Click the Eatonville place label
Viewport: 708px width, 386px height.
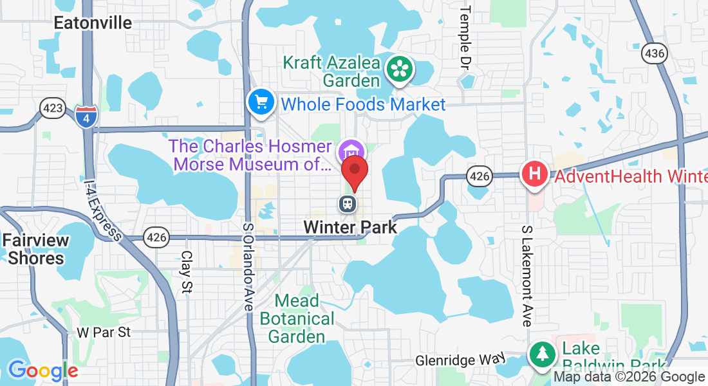pyautogui.click(x=93, y=23)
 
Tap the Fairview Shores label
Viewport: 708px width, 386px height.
pyautogui.click(x=35, y=250)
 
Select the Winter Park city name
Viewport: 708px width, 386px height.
pyautogui.click(x=350, y=227)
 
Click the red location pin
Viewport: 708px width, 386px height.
pyautogui.click(x=354, y=172)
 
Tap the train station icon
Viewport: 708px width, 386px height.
pyautogui.click(x=348, y=204)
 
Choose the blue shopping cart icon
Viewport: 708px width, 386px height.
pyautogui.click(x=261, y=102)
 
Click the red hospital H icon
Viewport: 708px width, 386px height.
pyautogui.click(x=534, y=174)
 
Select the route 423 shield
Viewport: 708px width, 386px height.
pyautogui.click(x=51, y=107)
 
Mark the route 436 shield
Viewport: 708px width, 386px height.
pyautogui.click(x=653, y=54)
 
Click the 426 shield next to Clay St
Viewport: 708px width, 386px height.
pyautogui.click(x=156, y=237)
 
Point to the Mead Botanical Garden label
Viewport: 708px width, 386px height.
pyautogui.click(x=297, y=318)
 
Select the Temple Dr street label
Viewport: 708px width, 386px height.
pyautogui.click(x=465, y=37)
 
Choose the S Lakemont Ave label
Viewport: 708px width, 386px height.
pyautogui.click(x=527, y=275)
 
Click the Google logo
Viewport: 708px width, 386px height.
pyautogui.click(x=42, y=371)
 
